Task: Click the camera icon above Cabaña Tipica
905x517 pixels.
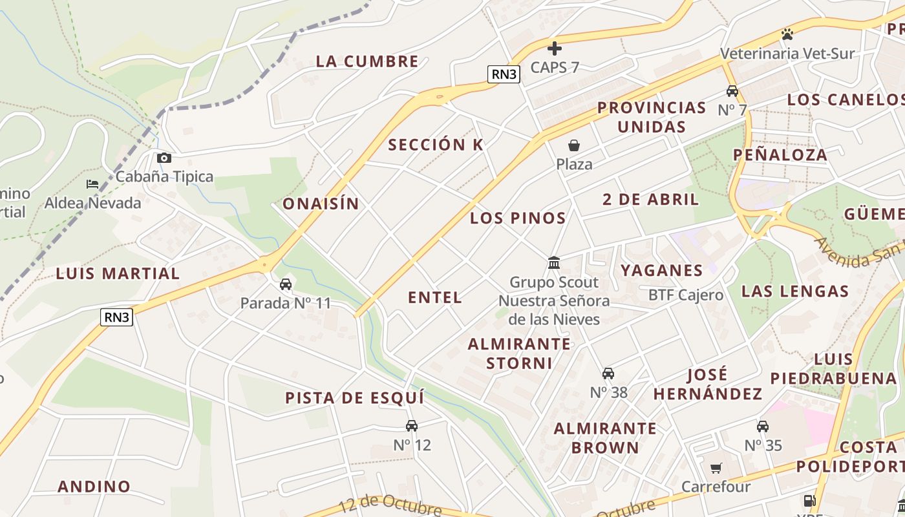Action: [x=164, y=158]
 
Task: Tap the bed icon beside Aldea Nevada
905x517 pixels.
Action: [x=92, y=184]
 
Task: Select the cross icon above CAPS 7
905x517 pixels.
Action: [x=555, y=48]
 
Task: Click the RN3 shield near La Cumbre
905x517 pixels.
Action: [x=504, y=74]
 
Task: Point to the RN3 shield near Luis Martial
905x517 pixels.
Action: [x=117, y=317]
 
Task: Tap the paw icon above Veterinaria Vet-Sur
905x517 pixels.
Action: [x=787, y=34]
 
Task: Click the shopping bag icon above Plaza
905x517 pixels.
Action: [x=573, y=145]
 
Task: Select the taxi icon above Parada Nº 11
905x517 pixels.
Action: [x=285, y=284]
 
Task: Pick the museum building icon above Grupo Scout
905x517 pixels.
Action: [x=554, y=262]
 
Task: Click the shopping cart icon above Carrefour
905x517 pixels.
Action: [x=716, y=468]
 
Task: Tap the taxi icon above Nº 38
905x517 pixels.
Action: [x=608, y=374]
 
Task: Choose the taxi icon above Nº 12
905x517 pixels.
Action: [x=411, y=426]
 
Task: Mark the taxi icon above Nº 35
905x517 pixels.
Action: [x=763, y=427]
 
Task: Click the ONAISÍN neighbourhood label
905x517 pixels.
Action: [x=321, y=204]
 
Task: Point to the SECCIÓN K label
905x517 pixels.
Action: [x=436, y=145]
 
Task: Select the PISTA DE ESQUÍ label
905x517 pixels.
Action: [x=355, y=398]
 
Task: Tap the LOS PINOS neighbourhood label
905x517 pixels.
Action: [x=518, y=218]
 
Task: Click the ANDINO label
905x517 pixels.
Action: [x=94, y=487]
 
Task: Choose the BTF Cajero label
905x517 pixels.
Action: [x=686, y=295]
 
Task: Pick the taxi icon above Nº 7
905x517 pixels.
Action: [x=732, y=91]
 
